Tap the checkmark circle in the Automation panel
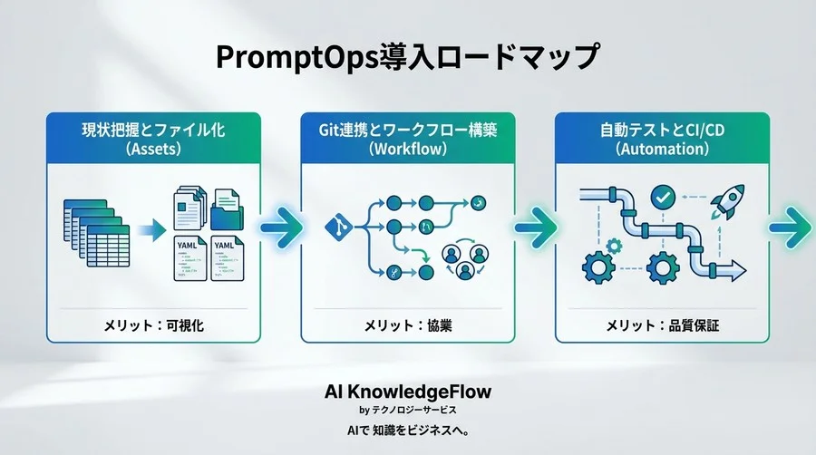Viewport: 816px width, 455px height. coord(664,196)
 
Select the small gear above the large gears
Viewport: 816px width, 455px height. coord(614,244)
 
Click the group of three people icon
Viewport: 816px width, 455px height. coord(460,262)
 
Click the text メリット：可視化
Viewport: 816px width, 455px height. coord(154,324)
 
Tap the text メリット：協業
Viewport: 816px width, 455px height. coord(408,324)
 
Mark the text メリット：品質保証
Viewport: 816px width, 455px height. coord(662,324)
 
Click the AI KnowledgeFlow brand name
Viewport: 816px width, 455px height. coord(408,391)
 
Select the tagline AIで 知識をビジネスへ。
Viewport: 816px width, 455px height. coord(408,429)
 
